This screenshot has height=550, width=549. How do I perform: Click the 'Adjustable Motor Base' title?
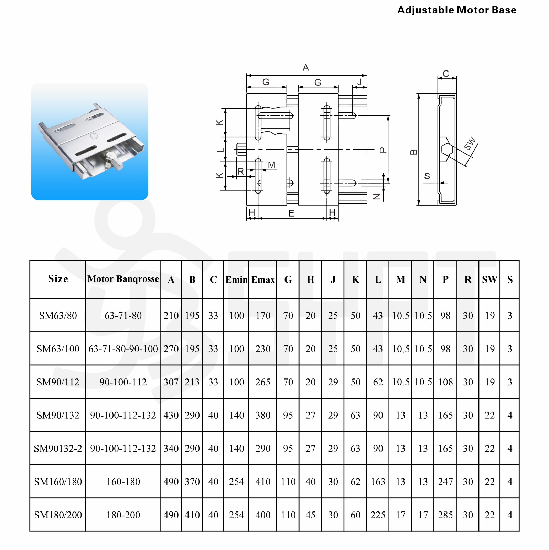pos(456,10)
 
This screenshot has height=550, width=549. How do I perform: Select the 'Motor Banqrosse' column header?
pos(123,279)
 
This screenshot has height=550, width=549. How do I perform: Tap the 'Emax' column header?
pos(263,279)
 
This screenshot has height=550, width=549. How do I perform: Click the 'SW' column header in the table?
pos(489,279)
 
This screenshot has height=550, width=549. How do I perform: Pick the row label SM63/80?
pos(58,316)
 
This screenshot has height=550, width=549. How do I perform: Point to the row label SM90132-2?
pos(58,449)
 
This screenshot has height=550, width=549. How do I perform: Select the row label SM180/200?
pos(58,515)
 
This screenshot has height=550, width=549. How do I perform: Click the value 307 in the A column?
pos(171,382)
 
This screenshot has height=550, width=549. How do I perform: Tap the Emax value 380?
pos(263,415)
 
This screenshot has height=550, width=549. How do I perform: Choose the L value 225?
pos(378,515)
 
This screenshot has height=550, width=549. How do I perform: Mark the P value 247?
pos(445,482)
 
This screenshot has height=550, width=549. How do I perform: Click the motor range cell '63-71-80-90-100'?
pos(123,349)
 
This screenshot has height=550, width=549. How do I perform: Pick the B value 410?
pos(192,515)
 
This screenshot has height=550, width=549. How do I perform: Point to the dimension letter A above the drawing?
pos(305,68)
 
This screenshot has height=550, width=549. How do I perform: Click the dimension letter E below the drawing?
pos(291,213)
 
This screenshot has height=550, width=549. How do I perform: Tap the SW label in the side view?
pos(470,144)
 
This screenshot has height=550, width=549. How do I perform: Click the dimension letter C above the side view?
pos(446,74)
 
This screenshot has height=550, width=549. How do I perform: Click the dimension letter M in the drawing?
pos(271,165)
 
